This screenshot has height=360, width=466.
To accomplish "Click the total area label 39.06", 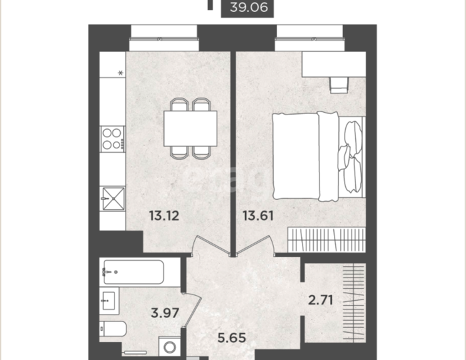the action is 249,7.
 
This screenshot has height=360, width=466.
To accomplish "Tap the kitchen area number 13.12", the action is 164,215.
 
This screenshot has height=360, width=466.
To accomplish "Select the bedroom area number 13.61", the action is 258,215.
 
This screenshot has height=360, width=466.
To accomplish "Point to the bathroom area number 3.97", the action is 165,313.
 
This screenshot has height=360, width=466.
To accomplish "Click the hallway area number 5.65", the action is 232,337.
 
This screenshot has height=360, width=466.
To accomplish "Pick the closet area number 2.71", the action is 320,300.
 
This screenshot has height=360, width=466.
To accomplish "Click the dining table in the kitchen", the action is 190,129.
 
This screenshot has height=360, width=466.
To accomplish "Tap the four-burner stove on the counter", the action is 113,139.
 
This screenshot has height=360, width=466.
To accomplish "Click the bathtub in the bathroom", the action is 133,272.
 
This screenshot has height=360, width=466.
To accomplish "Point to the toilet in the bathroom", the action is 113,329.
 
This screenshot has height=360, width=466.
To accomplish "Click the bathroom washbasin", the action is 109,301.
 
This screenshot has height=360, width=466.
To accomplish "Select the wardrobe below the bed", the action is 326,240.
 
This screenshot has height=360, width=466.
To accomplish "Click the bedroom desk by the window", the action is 334,65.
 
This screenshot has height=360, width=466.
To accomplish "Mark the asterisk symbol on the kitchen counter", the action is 120,73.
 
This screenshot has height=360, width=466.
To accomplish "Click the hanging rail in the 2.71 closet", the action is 353,303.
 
